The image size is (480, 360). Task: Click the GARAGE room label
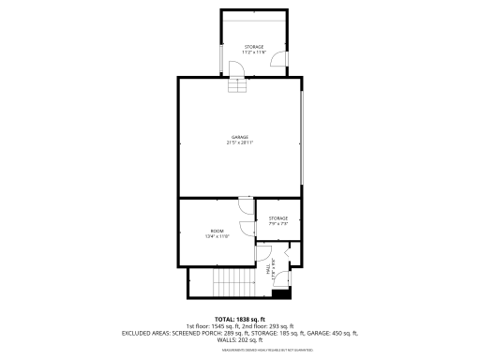pos(241,137)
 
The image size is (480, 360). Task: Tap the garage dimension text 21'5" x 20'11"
pos(241,143)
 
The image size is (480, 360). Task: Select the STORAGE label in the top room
pos(254,46)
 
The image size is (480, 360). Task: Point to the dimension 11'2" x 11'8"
pos(254,52)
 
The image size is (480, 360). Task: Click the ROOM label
pos(217,231)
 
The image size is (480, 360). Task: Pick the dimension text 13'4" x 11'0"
pos(217,237)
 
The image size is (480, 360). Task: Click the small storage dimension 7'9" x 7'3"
pos(278,224)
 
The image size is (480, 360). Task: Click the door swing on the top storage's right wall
pos(278,61)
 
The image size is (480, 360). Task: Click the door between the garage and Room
pos(245,205)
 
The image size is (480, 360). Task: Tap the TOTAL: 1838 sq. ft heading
pos(240,319)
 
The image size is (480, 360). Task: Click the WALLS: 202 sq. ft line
pos(240,339)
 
